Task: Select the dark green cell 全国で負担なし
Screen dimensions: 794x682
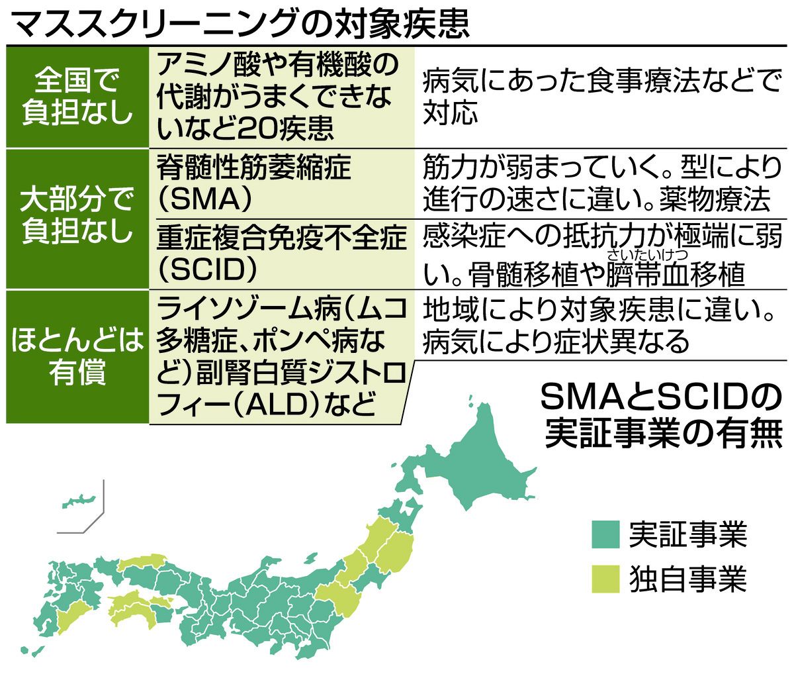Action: [77, 97]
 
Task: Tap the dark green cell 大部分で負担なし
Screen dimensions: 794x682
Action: [77, 219]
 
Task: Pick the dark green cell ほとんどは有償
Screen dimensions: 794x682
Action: [77, 357]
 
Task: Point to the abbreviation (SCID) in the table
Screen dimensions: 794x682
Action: [207, 270]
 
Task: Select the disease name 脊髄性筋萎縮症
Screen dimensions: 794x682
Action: [253, 168]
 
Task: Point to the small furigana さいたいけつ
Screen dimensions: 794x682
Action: [647, 255]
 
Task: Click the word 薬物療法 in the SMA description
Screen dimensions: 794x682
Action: [715, 199]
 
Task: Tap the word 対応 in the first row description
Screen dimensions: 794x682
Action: [450, 113]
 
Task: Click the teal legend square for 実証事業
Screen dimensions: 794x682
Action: [605, 534]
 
